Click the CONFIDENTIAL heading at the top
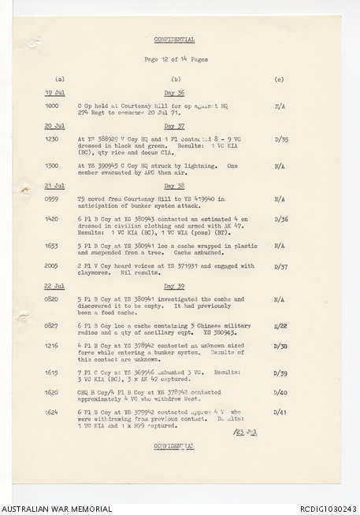175,39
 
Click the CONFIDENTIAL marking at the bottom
175,446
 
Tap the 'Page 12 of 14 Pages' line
175,60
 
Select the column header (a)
60,80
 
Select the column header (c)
279,80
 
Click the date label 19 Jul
54,93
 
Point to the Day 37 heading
174,126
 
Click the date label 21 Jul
54,187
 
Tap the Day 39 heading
174,285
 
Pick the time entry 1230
52,139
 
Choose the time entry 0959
52,200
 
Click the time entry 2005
52,266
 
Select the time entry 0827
52,324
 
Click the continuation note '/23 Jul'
245,432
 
